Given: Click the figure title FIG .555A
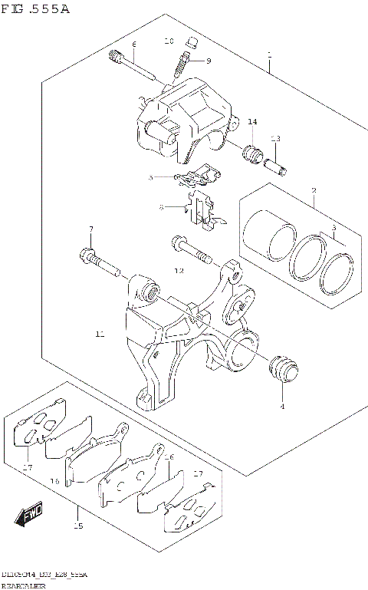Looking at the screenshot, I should point(34,9).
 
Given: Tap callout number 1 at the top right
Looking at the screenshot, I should point(270,55).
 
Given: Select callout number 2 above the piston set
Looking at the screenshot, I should point(314,190).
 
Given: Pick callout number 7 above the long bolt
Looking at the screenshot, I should point(90,229).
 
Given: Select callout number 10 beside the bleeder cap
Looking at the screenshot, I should point(169,41).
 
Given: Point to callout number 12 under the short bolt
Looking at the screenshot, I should point(179,271).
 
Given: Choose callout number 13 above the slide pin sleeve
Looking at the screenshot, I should point(275,138).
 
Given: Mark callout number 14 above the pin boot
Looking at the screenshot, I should point(252,122).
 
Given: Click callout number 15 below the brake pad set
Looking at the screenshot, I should point(77,526).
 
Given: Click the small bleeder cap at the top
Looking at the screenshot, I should point(194,41).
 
